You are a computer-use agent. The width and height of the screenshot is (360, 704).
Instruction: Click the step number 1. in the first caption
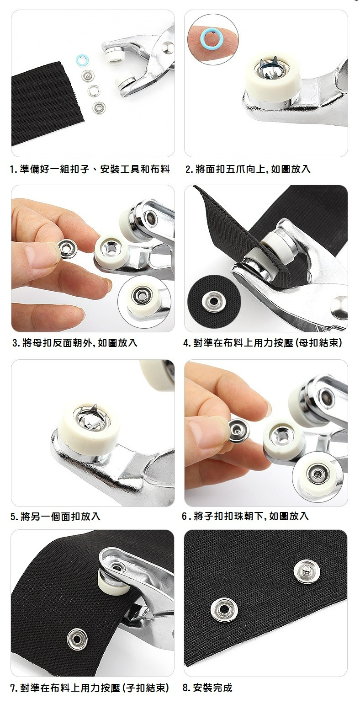tap(13, 170)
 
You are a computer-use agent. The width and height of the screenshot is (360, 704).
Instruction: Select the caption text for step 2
tap(248, 169)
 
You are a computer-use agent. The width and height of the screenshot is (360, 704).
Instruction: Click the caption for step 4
tap(262, 342)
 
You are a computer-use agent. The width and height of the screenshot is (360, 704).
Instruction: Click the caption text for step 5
tap(55, 517)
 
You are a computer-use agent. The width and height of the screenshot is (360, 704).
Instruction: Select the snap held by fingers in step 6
tap(238, 430)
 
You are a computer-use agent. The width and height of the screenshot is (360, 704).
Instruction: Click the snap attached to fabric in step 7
tap(77, 639)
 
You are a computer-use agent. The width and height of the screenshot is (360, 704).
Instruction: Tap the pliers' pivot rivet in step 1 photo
tap(168, 47)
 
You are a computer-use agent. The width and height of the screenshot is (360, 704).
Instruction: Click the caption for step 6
tap(245, 516)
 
